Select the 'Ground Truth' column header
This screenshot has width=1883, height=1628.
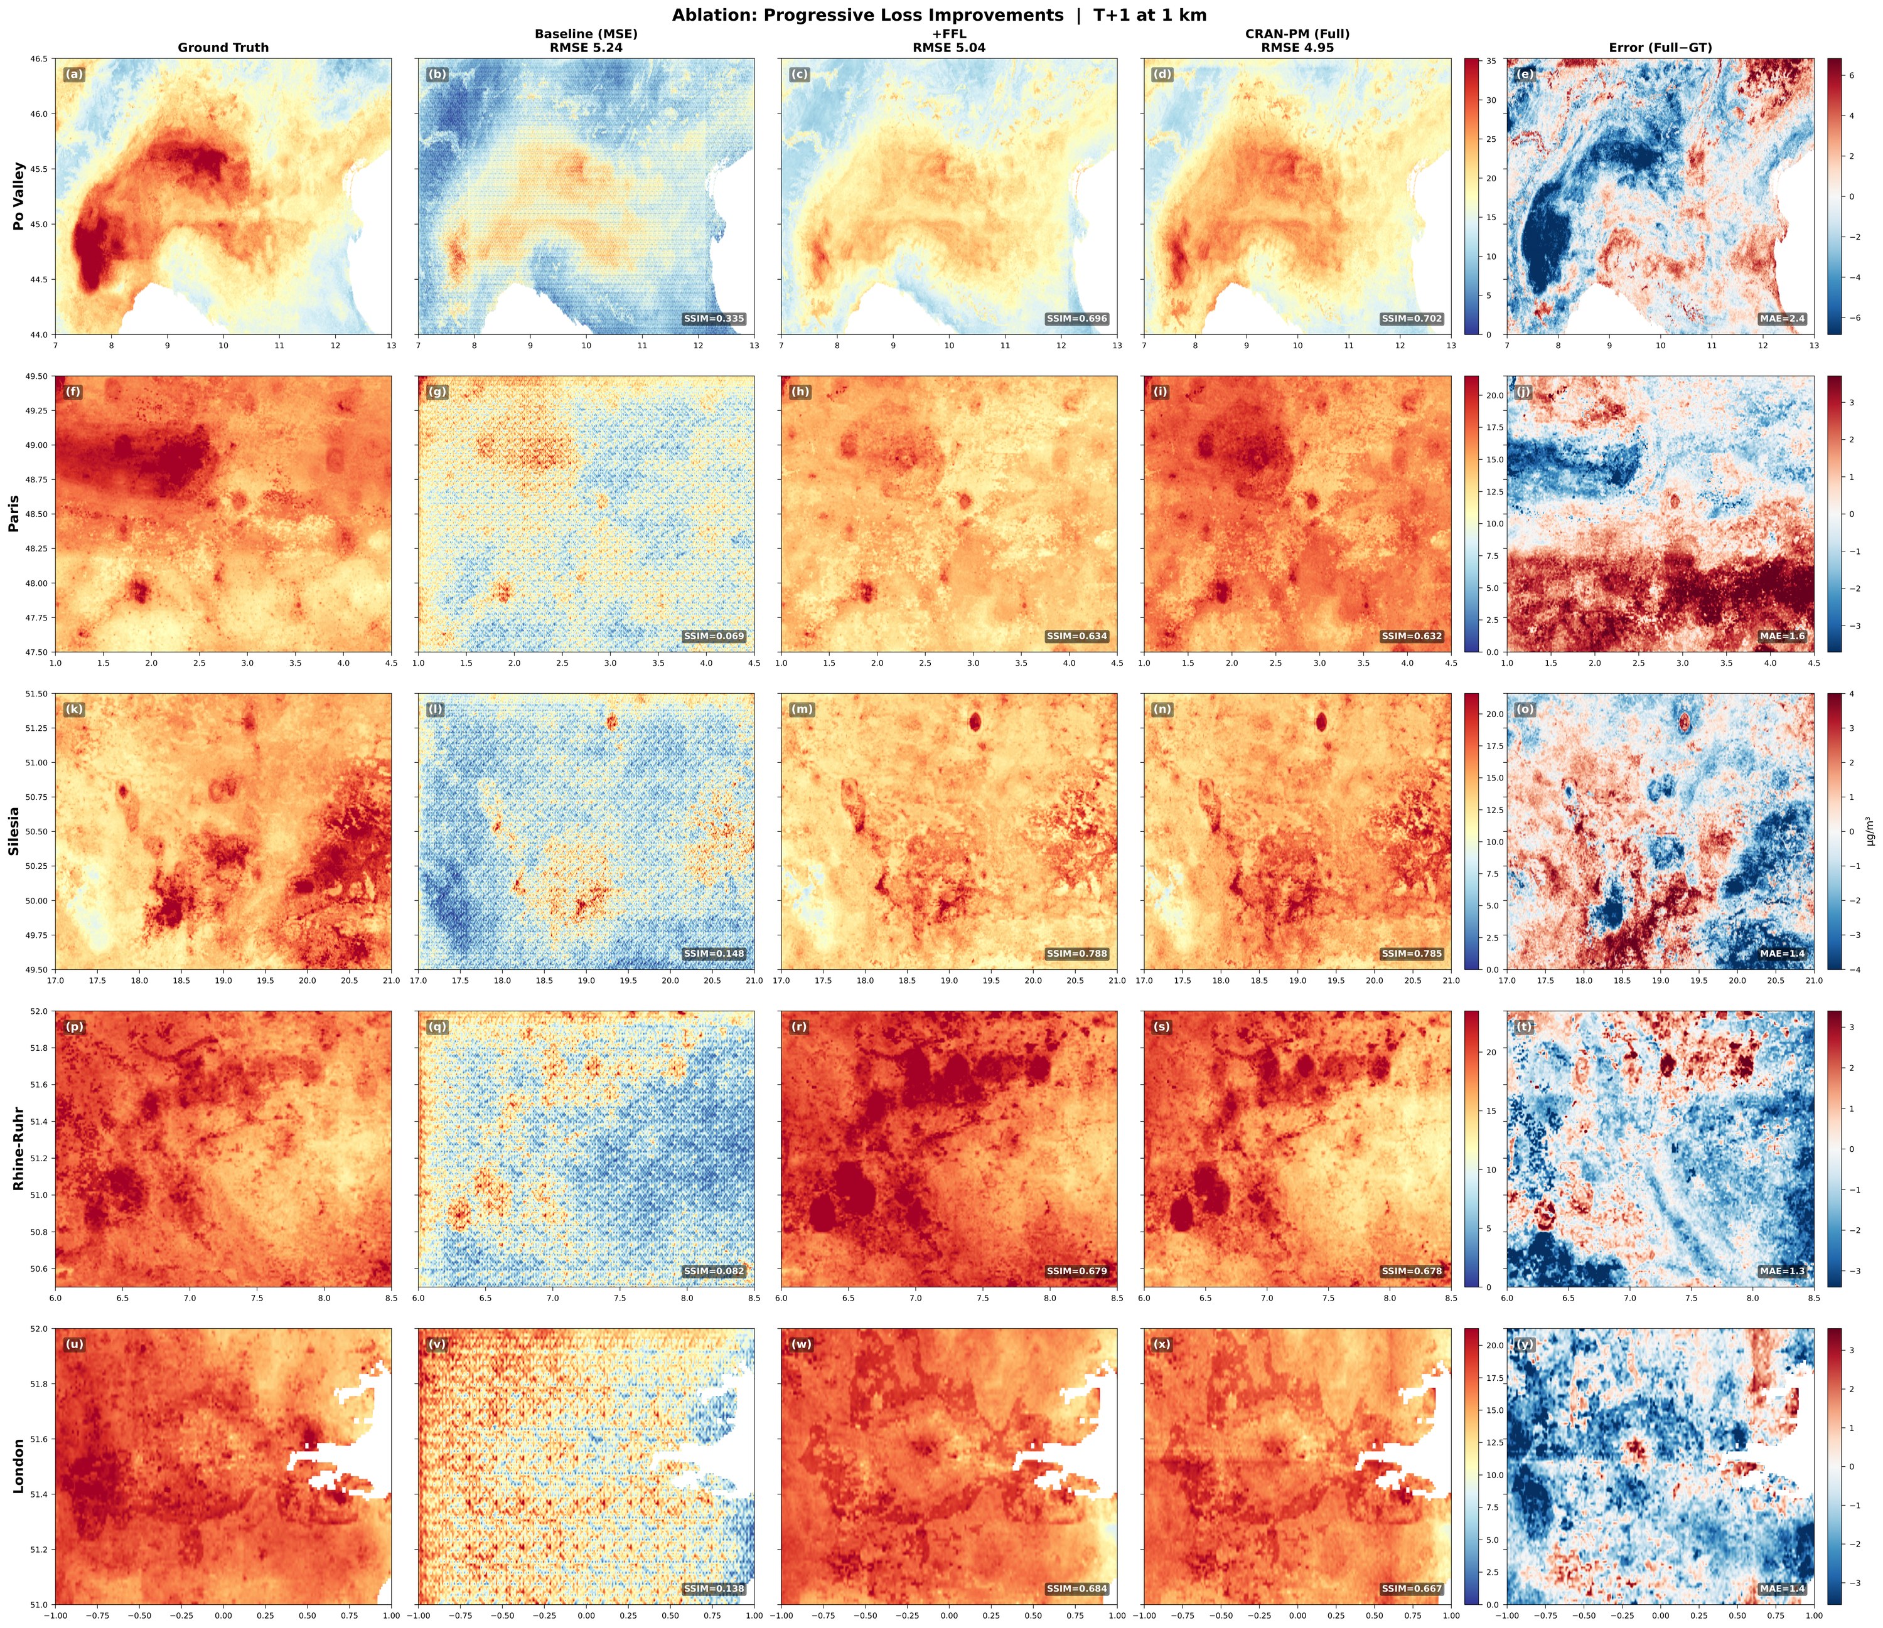point(223,47)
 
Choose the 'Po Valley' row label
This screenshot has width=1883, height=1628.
point(18,196)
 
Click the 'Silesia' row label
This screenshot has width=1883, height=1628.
point(14,831)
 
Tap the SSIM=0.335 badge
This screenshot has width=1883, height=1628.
point(714,319)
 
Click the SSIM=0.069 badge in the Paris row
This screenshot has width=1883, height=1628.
point(714,636)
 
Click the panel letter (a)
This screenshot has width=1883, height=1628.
point(73,75)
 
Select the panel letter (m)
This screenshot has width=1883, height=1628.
point(800,710)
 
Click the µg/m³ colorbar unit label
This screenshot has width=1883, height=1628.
point(1870,831)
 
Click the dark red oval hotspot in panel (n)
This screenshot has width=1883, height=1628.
point(1321,721)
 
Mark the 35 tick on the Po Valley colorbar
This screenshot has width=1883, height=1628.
point(1491,61)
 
